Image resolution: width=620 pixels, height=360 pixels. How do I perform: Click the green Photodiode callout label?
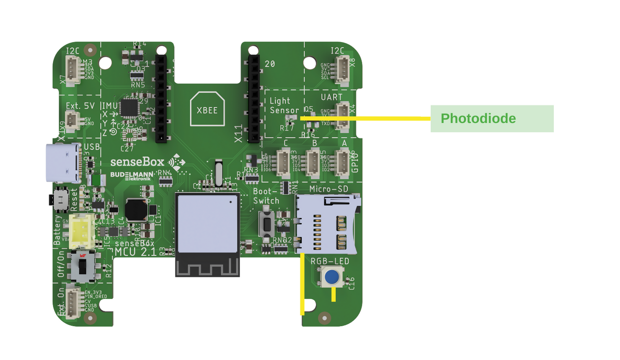[x=492, y=119]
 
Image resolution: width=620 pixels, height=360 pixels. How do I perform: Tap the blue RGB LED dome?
[x=332, y=277]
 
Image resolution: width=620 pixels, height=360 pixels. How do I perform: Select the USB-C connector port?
[x=63, y=163]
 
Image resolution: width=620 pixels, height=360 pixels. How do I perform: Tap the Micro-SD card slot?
[x=327, y=225]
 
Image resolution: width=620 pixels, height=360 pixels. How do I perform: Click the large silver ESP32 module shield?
[x=207, y=223]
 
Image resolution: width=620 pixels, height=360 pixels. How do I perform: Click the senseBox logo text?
[x=137, y=162]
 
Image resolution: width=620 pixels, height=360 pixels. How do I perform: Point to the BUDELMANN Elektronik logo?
[x=132, y=176]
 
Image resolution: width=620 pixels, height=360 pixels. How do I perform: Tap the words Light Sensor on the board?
[x=284, y=106]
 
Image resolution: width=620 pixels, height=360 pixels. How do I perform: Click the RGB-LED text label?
[x=330, y=262]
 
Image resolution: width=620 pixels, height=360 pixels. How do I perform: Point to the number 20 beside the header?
[x=270, y=64]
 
